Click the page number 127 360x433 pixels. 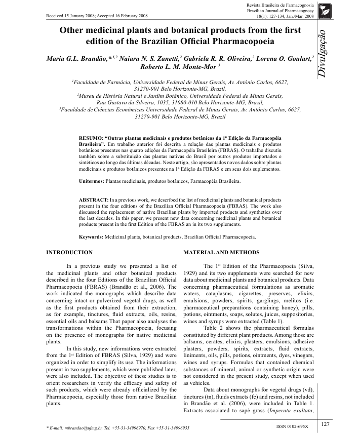325,423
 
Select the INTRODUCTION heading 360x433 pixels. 69,252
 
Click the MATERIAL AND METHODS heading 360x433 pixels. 221,252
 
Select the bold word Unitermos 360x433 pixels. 92,181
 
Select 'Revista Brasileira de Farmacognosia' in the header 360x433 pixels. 279,5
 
